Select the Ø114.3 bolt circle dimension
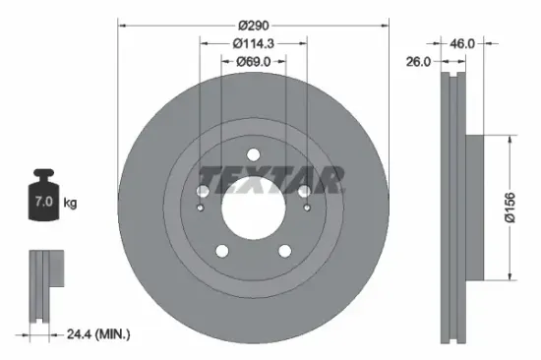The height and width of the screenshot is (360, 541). click(x=253, y=45)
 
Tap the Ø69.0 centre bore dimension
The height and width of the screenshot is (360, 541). click(x=253, y=62)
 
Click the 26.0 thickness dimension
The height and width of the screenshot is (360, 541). click(x=419, y=62)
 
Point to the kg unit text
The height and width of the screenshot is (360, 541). click(x=71, y=204)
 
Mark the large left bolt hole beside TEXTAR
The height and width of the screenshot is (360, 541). click(x=204, y=189)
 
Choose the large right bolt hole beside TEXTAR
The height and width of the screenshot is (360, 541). click(x=303, y=189)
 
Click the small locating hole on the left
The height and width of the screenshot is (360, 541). click(x=201, y=208)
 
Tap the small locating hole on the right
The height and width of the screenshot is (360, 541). click(x=306, y=208)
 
